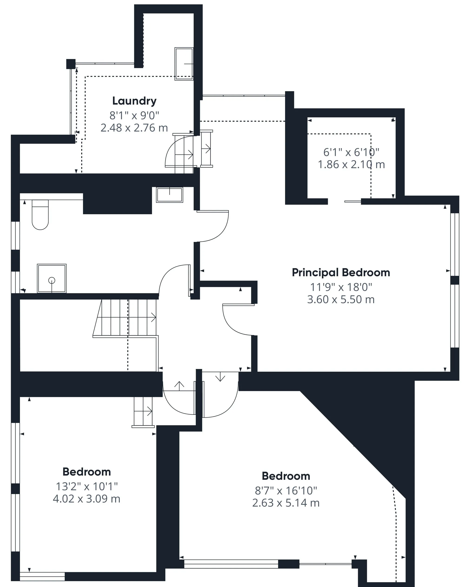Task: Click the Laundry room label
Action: pyautogui.click(x=134, y=101)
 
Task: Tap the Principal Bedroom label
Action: pyautogui.click(x=341, y=273)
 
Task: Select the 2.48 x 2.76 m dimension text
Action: pyautogui.click(x=134, y=128)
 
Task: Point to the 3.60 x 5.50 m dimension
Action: pyautogui.click(x=341, y=300)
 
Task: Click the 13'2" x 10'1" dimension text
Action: pyautogui.click(x=86, y=486)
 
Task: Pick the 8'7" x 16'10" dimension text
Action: pyautogui.click(x=286, y=491)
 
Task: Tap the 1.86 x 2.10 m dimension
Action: pyautogui.click(x=351, y=165)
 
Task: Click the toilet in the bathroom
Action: pyautogui.click(x=40, y=215)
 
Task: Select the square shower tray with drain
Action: pyautogui.click(x=52, y=278)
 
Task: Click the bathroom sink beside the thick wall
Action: pyautogui.click(x=169, y=195)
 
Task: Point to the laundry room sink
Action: pyautogui.click(x=184, y=64)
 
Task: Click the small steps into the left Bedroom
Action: pyautogui.click(x=143, y=412)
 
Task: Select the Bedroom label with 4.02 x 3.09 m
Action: pyautogui.click(x=86, y=472)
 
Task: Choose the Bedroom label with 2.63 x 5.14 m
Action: pyautogui.click(x=286, y=476)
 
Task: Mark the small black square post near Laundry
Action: pyautogui.click(x=71, y=64)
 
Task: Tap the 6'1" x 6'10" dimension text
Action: pyautogui.click(x=351, y=152)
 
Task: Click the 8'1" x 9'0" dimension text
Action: pyautogui.click(x=134, y=116)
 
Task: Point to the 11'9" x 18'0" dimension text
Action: pyautogui.click(x=341, y=287)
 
